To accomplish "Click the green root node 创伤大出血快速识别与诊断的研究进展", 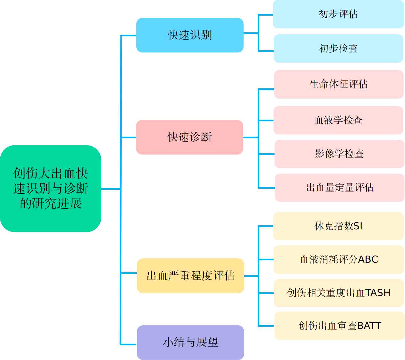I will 50,188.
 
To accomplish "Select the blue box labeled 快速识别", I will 190,35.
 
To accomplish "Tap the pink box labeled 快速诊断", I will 189,137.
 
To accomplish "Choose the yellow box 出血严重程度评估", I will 190,276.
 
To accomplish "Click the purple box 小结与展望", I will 190,342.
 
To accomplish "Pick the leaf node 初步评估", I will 338,14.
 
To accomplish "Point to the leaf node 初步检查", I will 338,48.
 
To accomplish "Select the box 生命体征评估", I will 339,84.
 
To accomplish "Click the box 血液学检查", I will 338,120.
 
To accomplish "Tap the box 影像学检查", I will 339,154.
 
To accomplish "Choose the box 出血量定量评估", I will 340,188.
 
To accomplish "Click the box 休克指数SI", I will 338,226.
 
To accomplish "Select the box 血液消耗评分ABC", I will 339,259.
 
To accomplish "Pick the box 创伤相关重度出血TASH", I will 339,293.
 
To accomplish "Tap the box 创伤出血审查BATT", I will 340,326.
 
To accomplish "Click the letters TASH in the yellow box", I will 378,293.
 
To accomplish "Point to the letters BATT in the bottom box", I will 369,326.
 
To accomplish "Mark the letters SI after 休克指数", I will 358,226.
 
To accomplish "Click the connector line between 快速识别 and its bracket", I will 251,33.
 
